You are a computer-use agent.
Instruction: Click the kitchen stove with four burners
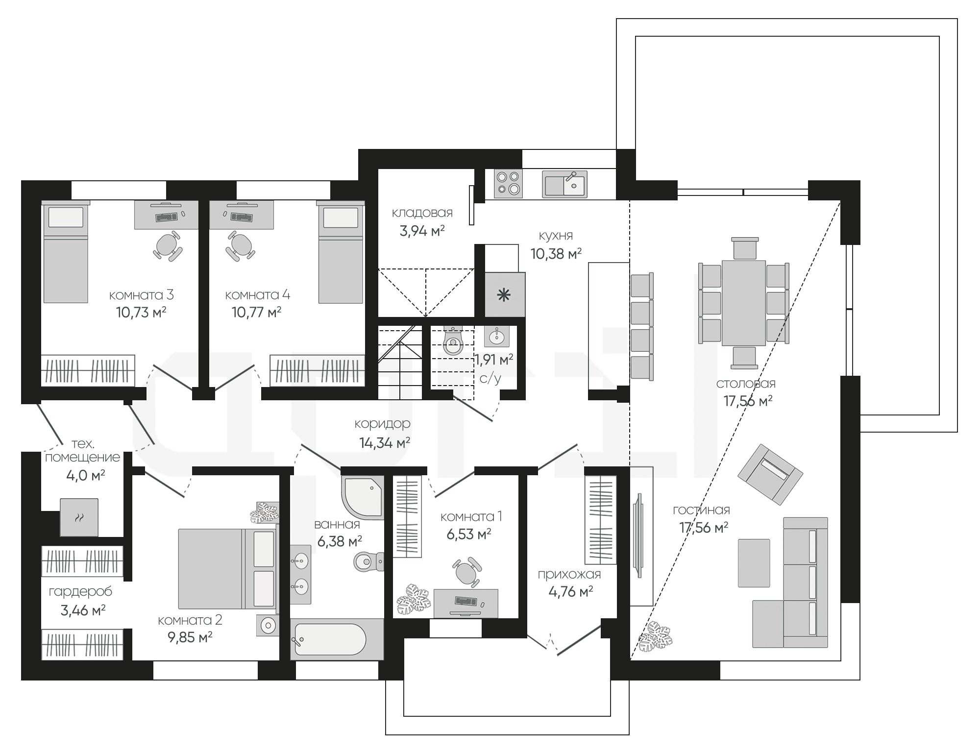pyautogui.click(x=508, y=184)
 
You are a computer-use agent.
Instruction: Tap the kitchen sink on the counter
pyautogui.click(x=564, y=184)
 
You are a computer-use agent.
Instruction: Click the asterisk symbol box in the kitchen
pyautogui.click(x=505, y=294)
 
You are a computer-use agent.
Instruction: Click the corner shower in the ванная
pyautogui.click(x=363, y=496)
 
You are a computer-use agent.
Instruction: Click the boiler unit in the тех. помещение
pyautogui.click(x=79, y=517)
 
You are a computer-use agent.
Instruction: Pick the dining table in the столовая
pyautogui.click(x=744, y=302)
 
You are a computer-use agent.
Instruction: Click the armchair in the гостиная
pyautogui.click(x=770, y=474)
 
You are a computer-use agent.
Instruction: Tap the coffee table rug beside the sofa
pyautogui.click(x=754, y=562)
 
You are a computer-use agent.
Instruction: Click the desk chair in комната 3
pyautogui.click(x=168, y=246)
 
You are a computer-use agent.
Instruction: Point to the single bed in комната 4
pyautogui.click(x=341, y=252)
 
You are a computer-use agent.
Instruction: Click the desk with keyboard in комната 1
pyautogui.click(x=466, y=603)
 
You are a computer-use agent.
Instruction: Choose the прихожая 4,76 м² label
pyautogui.click(x=569, y=583)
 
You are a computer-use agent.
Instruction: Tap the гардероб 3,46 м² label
pyautogui.click(x=80, y=601)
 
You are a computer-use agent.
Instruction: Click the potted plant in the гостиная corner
pyautogui.click(x=656, y=639)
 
